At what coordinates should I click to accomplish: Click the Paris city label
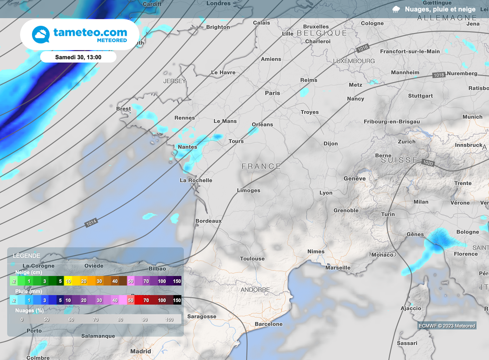click(273, 93)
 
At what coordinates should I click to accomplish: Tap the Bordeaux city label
click(209, 221)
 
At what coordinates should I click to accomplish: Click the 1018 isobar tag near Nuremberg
click(439, 75)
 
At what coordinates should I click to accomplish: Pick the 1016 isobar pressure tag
click(363, 48)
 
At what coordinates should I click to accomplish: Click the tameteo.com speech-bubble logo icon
click(41, 35)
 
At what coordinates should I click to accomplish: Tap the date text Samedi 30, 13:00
click(78, 57)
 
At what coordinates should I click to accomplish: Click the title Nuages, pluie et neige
click(440, 9)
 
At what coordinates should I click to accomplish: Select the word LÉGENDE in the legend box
click(27, 256)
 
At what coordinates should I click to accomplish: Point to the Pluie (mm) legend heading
click(28, 291)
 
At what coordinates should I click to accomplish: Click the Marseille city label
click(338, 268)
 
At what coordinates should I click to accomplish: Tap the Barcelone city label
click(269, 324)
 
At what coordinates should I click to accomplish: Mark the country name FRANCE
click(261, 166)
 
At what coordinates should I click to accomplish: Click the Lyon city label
click(326, 193)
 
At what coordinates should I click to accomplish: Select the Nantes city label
click(187, 147)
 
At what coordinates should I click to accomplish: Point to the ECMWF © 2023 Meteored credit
click(446, 326)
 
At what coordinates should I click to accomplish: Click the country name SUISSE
click(399, 160)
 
